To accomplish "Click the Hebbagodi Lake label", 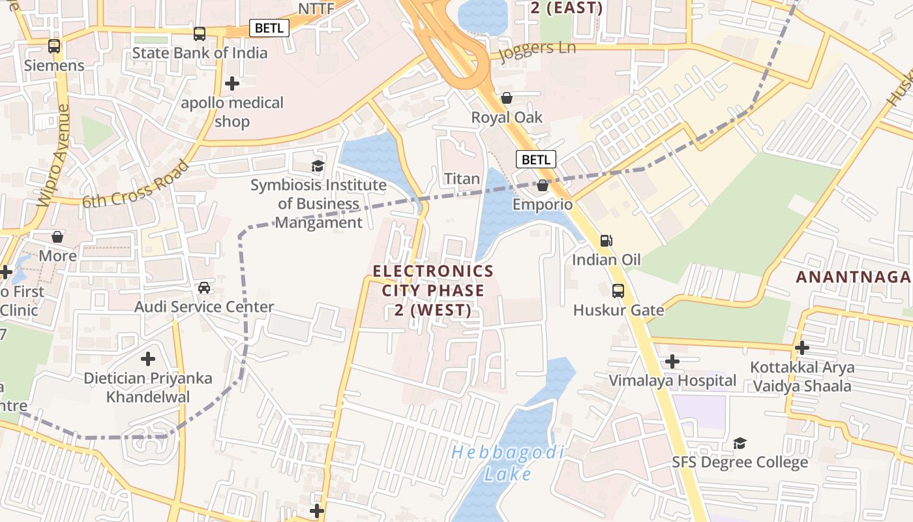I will coord(508,463).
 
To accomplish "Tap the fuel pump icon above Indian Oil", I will coord(606,241).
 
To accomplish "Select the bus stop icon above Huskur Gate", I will coord(618,291).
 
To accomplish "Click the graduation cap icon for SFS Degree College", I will coord(740,444).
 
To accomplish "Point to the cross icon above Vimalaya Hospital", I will coord(672,361).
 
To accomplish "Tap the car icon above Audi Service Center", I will coord(204,287).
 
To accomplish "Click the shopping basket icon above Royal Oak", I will coord(507,99).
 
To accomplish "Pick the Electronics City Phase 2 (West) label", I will coord(433,290).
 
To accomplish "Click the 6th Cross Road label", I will coord(136,185).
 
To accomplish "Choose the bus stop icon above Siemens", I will coord(54,46).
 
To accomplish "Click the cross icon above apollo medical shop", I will coord(232,84).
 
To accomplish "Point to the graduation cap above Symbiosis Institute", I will coord(318,166).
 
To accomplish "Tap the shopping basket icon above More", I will coord(57,236).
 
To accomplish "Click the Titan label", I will coord(462,178).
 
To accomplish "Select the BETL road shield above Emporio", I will coord(536,159).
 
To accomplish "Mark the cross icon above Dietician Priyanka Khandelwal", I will coord(148,358).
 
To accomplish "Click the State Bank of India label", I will coord(200,53).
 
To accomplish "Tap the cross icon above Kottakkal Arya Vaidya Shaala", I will coord(801,348).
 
